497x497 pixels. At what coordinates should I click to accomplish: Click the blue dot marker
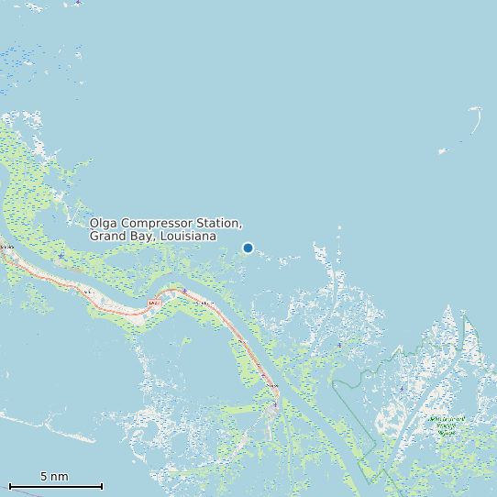tap(248, 248)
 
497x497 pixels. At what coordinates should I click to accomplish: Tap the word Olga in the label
tap(104, 224)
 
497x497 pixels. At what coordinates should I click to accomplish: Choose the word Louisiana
tap(187, 237)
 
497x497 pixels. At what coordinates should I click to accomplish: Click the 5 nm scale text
tap(54, 476)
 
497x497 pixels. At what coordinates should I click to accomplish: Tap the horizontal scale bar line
tap(55, 485)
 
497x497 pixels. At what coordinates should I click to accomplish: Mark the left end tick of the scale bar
tap(9, 485)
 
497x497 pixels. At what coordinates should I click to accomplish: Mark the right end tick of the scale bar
tap(102, 485)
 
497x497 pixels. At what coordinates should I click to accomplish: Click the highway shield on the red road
tap(153, 303)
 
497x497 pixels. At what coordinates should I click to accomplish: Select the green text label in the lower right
tap(446, 425)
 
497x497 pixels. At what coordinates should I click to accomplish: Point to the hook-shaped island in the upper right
tap(477, 120)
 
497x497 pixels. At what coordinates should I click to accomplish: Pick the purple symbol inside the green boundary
tap(402, 389)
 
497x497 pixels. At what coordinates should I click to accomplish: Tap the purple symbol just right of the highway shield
tap(183, 292)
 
